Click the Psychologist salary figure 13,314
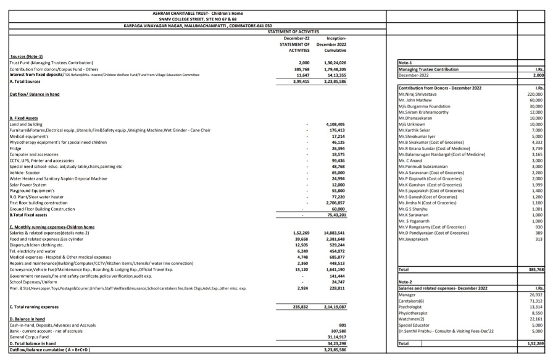pos(536,307)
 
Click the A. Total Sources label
pos(28,81)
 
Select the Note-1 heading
pos(407,64)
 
